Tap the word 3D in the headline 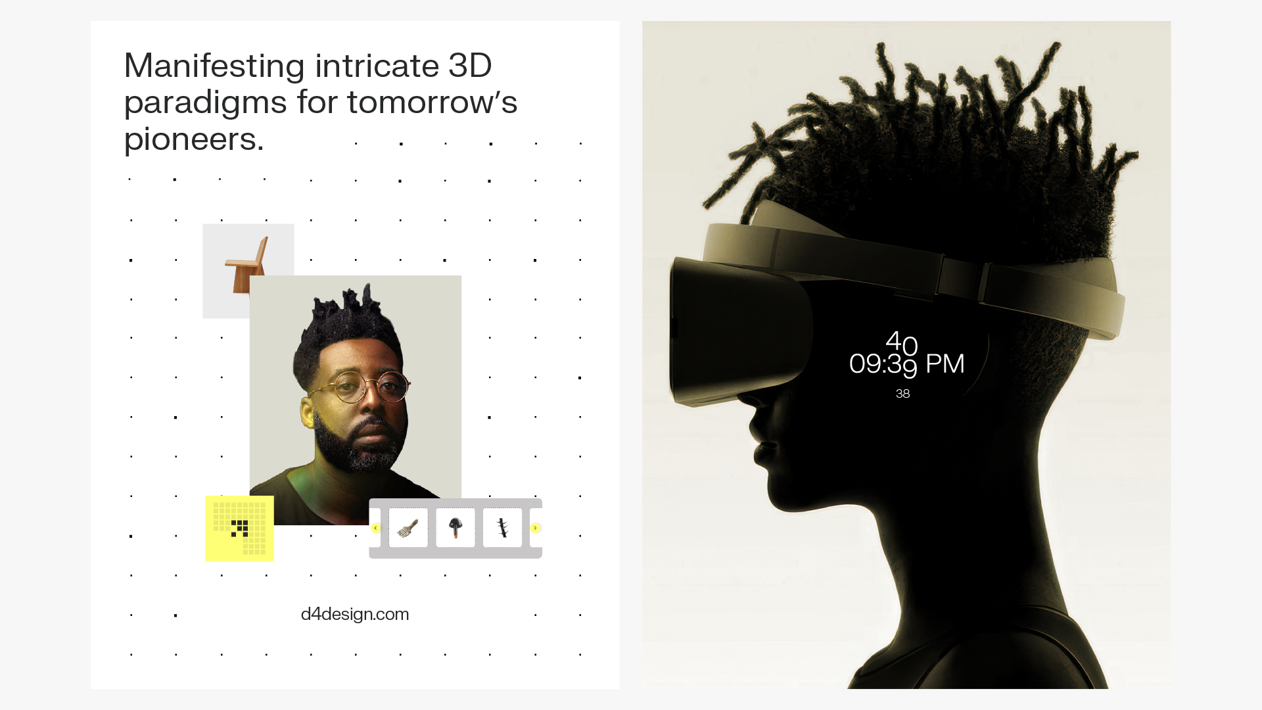click(x=470, y=66)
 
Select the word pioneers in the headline click(x=194, y=139)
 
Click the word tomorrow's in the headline click(x=432, y=103)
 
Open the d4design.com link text click(x=355, y=614)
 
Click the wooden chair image click(x=247, y=264)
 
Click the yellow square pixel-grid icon click(x=239, y=529)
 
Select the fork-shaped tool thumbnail click(x=408, y=527)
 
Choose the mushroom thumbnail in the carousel click(x=456, y=527)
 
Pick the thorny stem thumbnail click(x=503, y=527)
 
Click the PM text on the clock click(x=945, y=364)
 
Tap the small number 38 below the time click(x=902, y=394)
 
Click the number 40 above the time click(x=902, y=343)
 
